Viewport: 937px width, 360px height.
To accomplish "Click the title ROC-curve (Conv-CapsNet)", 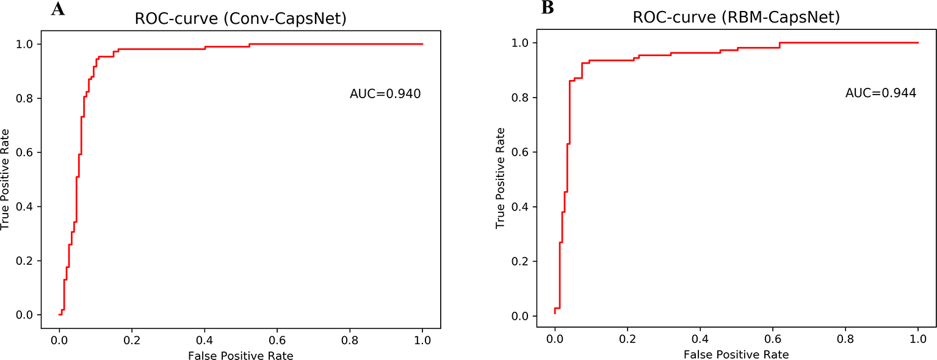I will [241, 19].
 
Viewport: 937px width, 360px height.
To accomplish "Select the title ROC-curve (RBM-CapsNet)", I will [736, 18].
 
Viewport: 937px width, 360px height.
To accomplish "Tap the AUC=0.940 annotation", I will [385, 94].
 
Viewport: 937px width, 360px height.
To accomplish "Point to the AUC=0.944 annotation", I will [881, 93].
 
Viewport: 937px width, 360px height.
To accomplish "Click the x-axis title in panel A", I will [241, 355].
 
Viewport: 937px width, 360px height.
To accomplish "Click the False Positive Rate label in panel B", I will [736, 355].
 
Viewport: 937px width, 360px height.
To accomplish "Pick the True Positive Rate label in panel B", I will [501, 179].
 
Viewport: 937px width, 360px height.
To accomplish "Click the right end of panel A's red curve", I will [422, 44].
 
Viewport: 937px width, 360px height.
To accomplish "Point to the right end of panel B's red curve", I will [918, 43].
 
